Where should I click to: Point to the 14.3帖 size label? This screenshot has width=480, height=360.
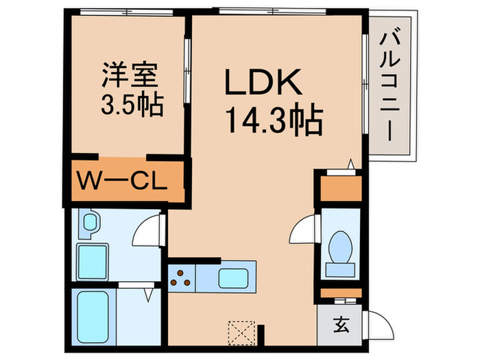tap(273, 123)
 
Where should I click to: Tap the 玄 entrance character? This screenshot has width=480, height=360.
tap(341, 325)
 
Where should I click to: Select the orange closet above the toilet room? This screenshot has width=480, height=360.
tap(340, 189)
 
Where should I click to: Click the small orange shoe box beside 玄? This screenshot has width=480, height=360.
tap(340, 294)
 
